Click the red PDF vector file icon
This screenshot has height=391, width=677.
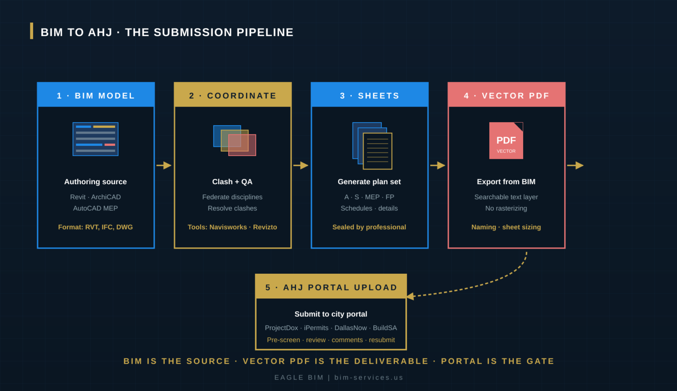pos(506,141)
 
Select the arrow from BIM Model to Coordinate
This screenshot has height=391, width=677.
pos(164,165)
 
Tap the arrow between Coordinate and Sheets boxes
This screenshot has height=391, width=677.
pos(301,165)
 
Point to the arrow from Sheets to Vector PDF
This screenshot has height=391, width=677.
pos(438,165)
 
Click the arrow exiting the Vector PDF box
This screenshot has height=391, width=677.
pos(575,165)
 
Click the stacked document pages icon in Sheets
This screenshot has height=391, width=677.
pos(372,145)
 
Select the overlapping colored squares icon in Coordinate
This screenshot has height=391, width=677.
pos(234,141)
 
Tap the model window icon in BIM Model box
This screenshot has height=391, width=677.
pos(96,139)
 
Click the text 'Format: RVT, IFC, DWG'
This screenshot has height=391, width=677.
pos(96,227)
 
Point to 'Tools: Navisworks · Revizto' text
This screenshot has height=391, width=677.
pos(232,227)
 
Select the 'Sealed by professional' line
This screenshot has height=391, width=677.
pos(369,227)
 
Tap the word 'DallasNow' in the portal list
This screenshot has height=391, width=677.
pos(350,328)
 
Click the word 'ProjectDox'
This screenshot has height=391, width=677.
pos(281,328)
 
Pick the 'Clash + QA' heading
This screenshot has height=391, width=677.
pos(232,182)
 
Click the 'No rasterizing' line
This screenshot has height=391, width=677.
pos(506,208)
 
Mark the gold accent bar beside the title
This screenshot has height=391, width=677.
pos(31,31)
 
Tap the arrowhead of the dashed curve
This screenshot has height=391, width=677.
pos(410,296)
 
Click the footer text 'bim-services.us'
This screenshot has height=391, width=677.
pos(369,377)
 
